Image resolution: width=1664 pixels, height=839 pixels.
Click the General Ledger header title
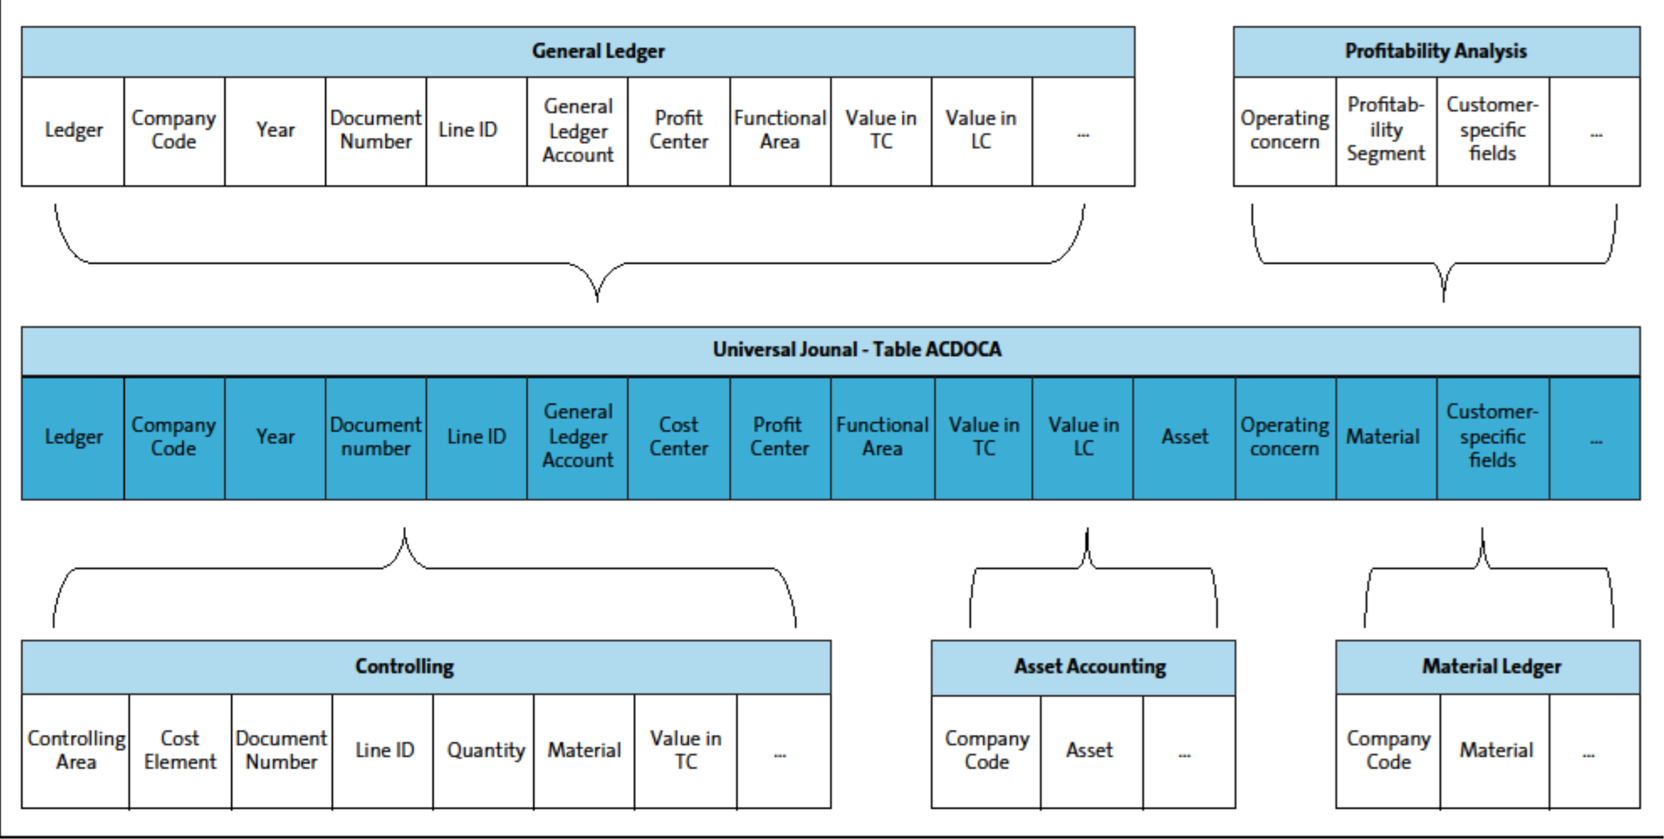(x=598, y=51)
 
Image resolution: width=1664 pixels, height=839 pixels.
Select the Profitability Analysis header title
(x=1435, y=51)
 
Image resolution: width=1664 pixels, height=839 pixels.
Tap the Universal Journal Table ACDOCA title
(x=856, y=350)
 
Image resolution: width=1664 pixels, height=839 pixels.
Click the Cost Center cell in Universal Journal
(x=678, y=437)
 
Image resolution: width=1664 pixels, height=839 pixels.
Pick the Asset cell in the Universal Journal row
(x=1184, y=437)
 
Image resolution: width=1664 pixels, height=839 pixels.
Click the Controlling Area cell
(x=76, y=750)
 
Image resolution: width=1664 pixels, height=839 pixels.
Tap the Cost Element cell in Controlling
(x=179, y=750)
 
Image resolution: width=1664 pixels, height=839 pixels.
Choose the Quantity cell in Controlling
(x=485, y=750)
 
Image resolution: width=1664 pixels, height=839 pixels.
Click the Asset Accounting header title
(x=1090, y=666)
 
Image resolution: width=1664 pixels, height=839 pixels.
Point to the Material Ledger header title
(x=1491, y=666)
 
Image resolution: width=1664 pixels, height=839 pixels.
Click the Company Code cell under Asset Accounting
(x=986, y=750)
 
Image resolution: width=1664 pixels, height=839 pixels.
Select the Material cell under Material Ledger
(x=1496, y=750)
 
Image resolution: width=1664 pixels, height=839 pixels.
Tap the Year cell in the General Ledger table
(x=275, y=130)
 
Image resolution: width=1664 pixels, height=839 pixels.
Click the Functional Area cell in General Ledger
(x=780, y=130)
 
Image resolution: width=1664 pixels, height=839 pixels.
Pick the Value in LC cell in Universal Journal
(x=1083, y=437)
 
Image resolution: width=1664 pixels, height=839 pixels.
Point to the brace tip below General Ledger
(x=597, y=298)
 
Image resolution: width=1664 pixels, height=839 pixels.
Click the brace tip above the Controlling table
(x=404, y=531)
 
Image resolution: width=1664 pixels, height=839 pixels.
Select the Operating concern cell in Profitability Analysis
(x=1284, y=130)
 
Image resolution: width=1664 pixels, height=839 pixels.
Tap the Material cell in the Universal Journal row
(x=1383, y=437)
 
